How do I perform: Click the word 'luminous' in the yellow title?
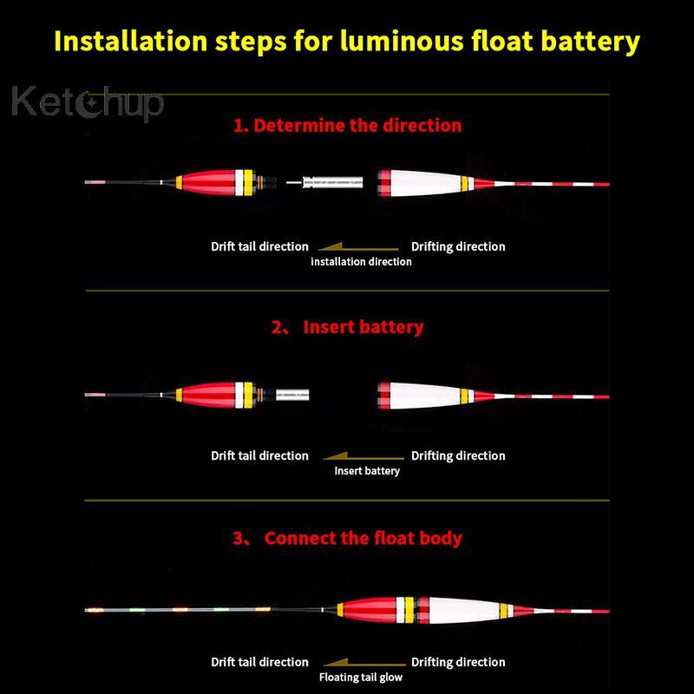tap(402, 41)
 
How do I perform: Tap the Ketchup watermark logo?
tap(88, 103)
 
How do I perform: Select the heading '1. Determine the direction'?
tap(348, 125)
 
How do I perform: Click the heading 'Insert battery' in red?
tap(363, 327)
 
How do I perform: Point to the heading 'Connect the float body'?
tap(363, 538)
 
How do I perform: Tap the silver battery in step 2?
tap(292, 395)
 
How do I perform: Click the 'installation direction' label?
tap(361, 262)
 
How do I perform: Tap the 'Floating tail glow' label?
tap(361, 678)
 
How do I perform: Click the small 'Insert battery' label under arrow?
tap(367, 471)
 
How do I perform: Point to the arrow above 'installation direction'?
tap(358, 247)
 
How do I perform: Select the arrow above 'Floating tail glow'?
tap(364, 663)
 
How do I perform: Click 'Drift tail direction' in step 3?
tap(259, 662)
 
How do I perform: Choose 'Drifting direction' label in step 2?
tap(458, 456)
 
